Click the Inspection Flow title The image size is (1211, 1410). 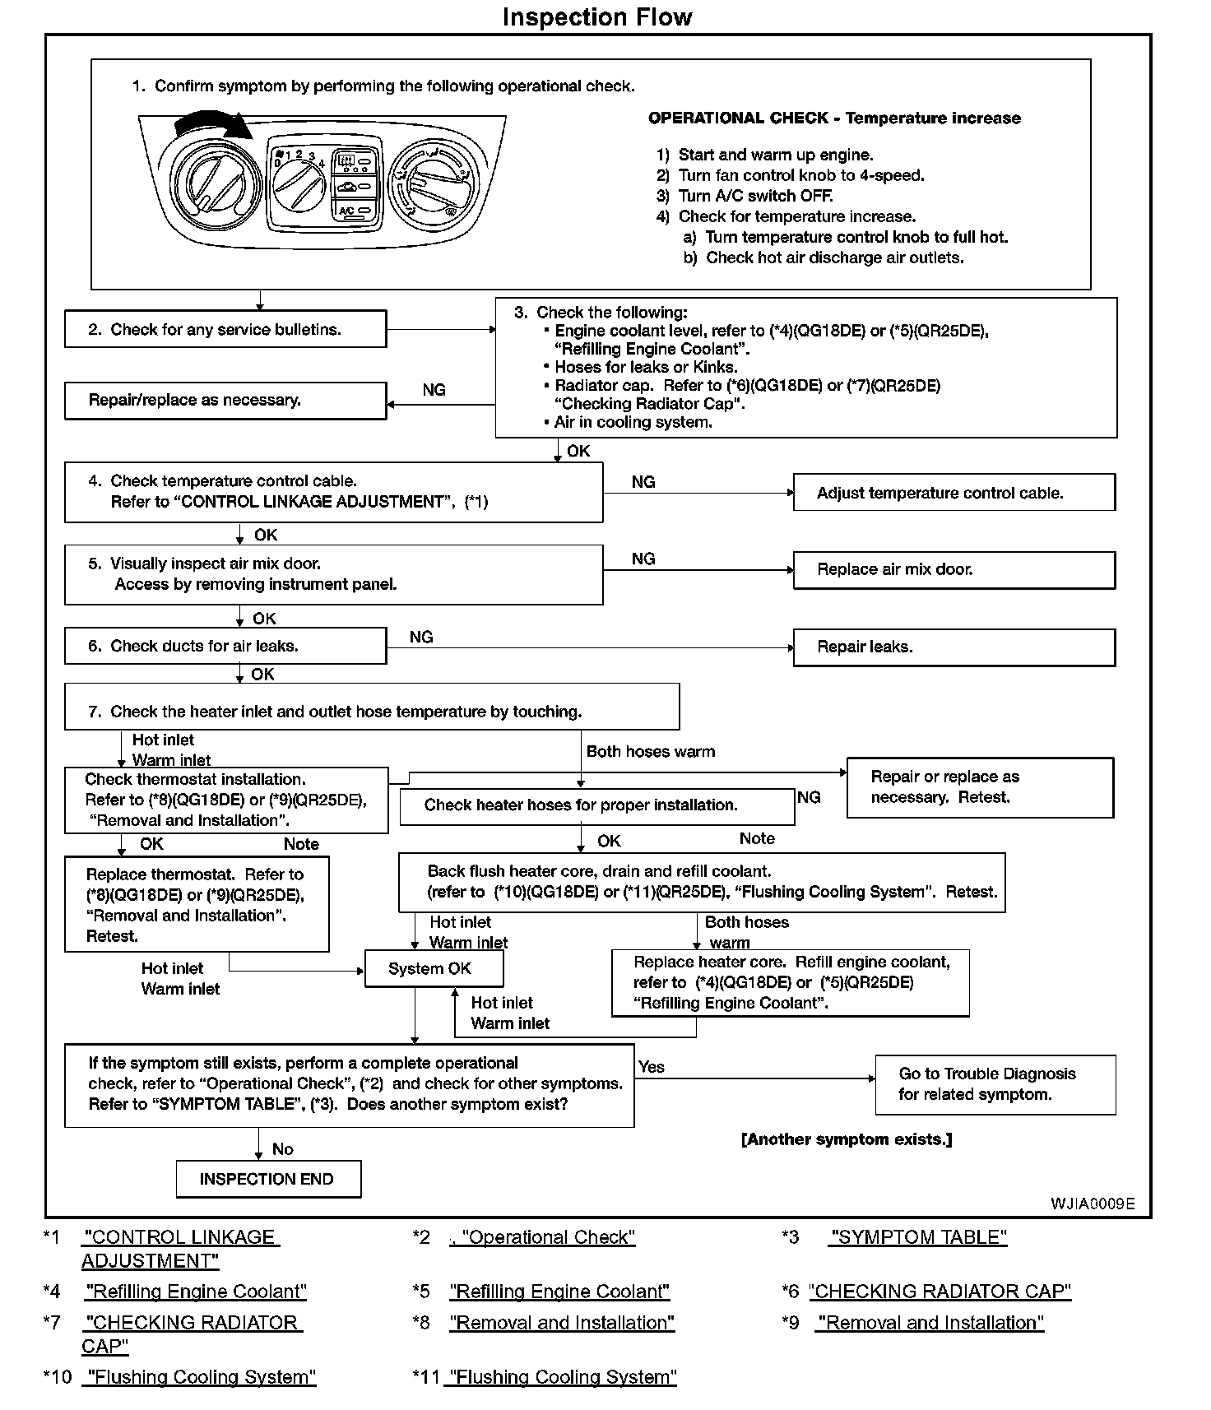[597, 17]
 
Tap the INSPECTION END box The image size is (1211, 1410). [268, 1179]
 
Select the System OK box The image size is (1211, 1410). [433, 968]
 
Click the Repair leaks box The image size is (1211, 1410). [953, 647]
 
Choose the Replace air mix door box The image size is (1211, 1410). [953, 570]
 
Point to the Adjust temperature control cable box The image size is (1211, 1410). [953, 494]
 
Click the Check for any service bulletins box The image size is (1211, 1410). [225, 329]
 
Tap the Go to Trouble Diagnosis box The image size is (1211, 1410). [995, 1084]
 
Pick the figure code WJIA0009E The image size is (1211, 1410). [1092, 1204]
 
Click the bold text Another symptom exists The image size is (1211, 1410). [847, 1139]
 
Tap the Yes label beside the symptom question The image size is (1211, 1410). [651, 1067]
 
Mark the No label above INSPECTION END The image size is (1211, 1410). [282, 1149]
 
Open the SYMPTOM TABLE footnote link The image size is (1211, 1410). [918, 1237]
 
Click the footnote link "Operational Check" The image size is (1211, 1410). [548, 1237]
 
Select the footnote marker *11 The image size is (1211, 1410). [425, 1377]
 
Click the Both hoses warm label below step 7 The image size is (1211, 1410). [650, 751]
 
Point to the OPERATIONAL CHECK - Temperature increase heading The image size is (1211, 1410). [834, 118]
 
